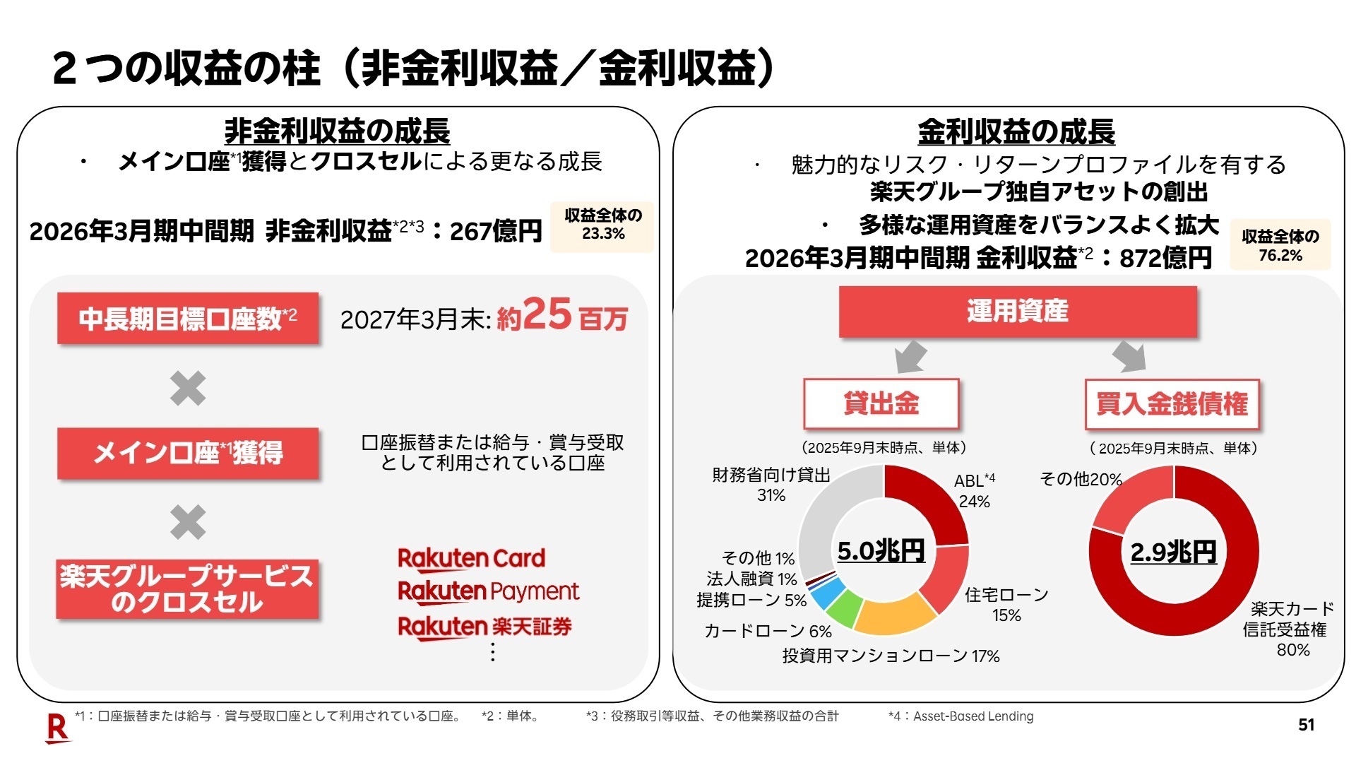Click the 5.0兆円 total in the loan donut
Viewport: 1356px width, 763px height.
[x=881, y=551]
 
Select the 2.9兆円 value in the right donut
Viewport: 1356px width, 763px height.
[x=1173, y=552]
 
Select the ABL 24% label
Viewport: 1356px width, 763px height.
[x=974, y=490]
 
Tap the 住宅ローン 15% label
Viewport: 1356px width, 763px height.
[x=1006, y=605]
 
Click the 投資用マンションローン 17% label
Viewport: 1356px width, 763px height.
[x=891, y=656]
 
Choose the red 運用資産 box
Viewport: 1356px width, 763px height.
[x=1017, y=312]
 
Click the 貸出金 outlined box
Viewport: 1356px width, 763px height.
[x=881, y=403]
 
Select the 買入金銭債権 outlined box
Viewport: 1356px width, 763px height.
[x=1172, y=404]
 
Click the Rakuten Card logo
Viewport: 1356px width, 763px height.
[x=471, y=558]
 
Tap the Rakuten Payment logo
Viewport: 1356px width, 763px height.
[x=488, y=591]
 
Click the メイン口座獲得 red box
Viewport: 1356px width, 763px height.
[x=188, y=453]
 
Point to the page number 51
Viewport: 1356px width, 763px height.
[x=1306, y=724]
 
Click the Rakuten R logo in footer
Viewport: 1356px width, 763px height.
[x=57, y=728]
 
